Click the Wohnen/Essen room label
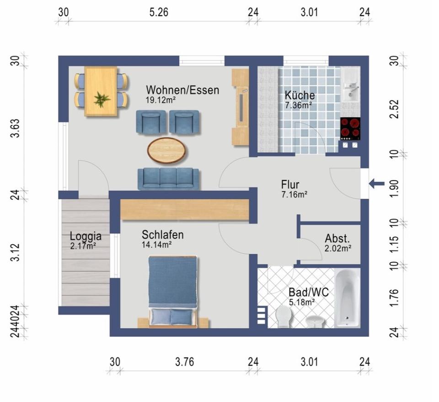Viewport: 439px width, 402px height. point(182,90)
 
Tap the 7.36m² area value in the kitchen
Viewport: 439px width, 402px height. point(299,106)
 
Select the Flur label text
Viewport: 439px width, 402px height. point(290,185)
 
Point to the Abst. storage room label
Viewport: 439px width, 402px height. point(337,239)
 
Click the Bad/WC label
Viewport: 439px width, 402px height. point(309,293)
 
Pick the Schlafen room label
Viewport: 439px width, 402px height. point(163,235)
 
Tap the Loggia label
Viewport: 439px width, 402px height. point(86,236)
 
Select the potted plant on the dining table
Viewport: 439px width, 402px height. point(102,99)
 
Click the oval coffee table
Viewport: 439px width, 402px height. point(166,150)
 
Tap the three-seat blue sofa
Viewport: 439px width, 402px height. point(168,179)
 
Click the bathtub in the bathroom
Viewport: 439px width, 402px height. point(348,298)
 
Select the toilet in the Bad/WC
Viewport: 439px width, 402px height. point(284,318)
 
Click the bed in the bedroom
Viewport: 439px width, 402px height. point(173,292)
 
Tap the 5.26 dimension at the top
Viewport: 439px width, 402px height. point(159,13)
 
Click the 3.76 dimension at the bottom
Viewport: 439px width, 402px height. point(185,362)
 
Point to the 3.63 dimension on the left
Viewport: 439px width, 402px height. point(16,128)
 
